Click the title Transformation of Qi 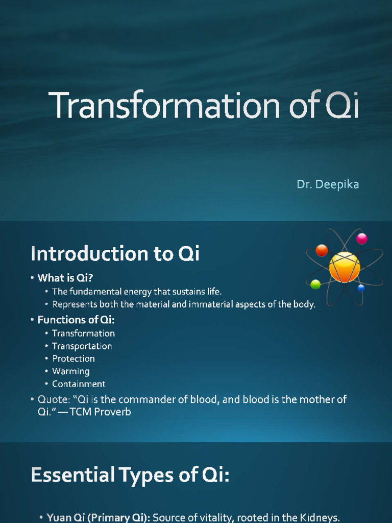(204, 105)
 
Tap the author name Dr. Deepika (328, 184)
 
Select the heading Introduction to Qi (115, 253)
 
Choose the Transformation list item (83, 334)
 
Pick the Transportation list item (82, 346)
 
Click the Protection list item (73, 359)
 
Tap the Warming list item (70, 371)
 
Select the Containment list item (79, 384)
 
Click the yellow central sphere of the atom (345, 267)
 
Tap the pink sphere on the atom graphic (362, 239)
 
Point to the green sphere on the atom (315, 284)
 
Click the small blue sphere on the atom (361, 288)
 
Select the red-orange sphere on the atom (322, 250)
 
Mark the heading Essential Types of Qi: (130, 475)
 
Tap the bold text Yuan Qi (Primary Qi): (99, 517)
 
